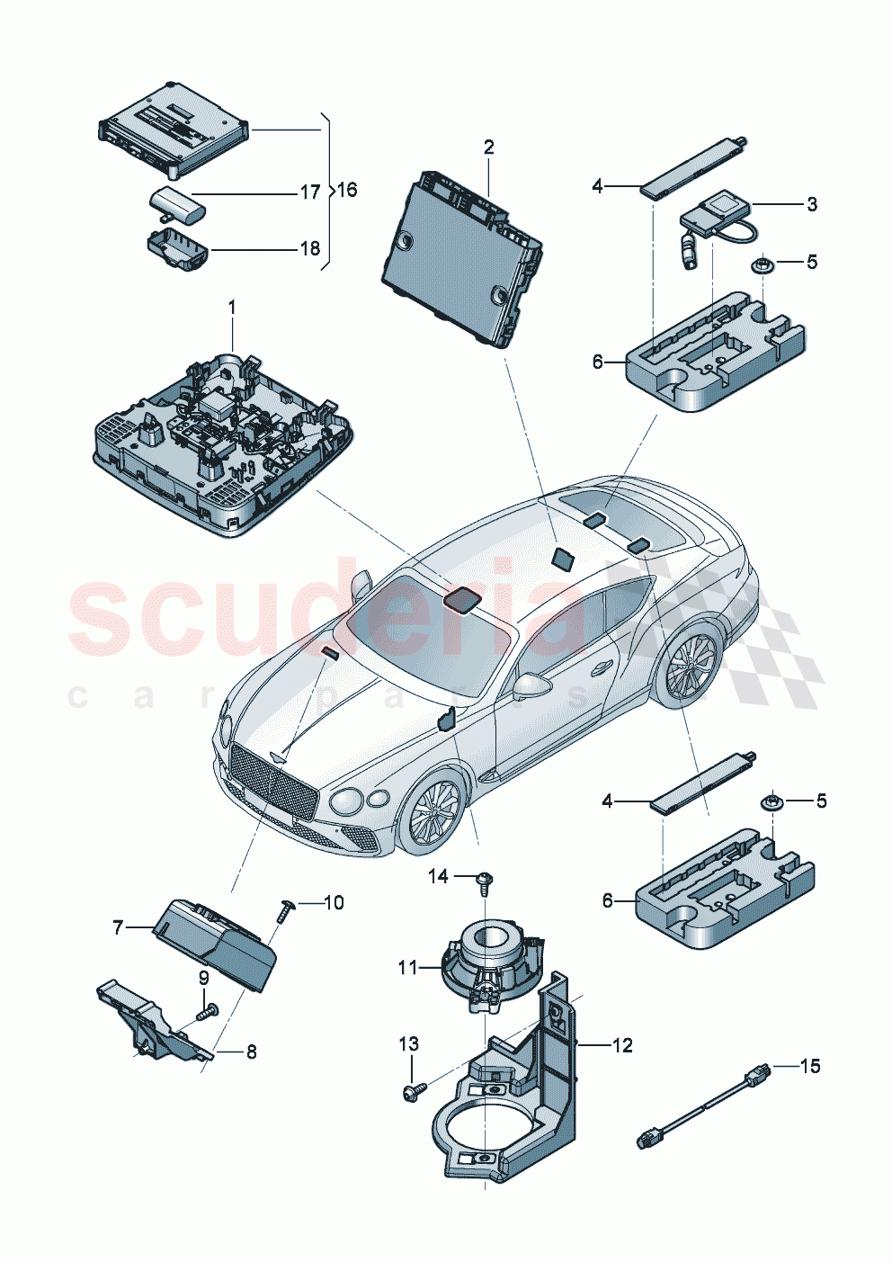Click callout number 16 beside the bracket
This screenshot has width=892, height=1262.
(347, 190)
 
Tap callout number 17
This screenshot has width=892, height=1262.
(309, 192)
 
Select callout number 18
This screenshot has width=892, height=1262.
(309, 249)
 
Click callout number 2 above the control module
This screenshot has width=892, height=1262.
(488, 147)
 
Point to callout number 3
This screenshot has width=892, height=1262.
(811, 204)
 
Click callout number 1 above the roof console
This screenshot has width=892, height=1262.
(231, 308)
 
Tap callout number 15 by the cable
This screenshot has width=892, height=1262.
(810, 1066)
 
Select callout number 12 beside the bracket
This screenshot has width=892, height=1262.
(622, 1045)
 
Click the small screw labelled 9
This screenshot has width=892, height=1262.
(205, 1012)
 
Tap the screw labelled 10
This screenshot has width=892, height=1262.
(285, 909)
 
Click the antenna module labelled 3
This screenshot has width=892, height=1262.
(718, 215)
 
